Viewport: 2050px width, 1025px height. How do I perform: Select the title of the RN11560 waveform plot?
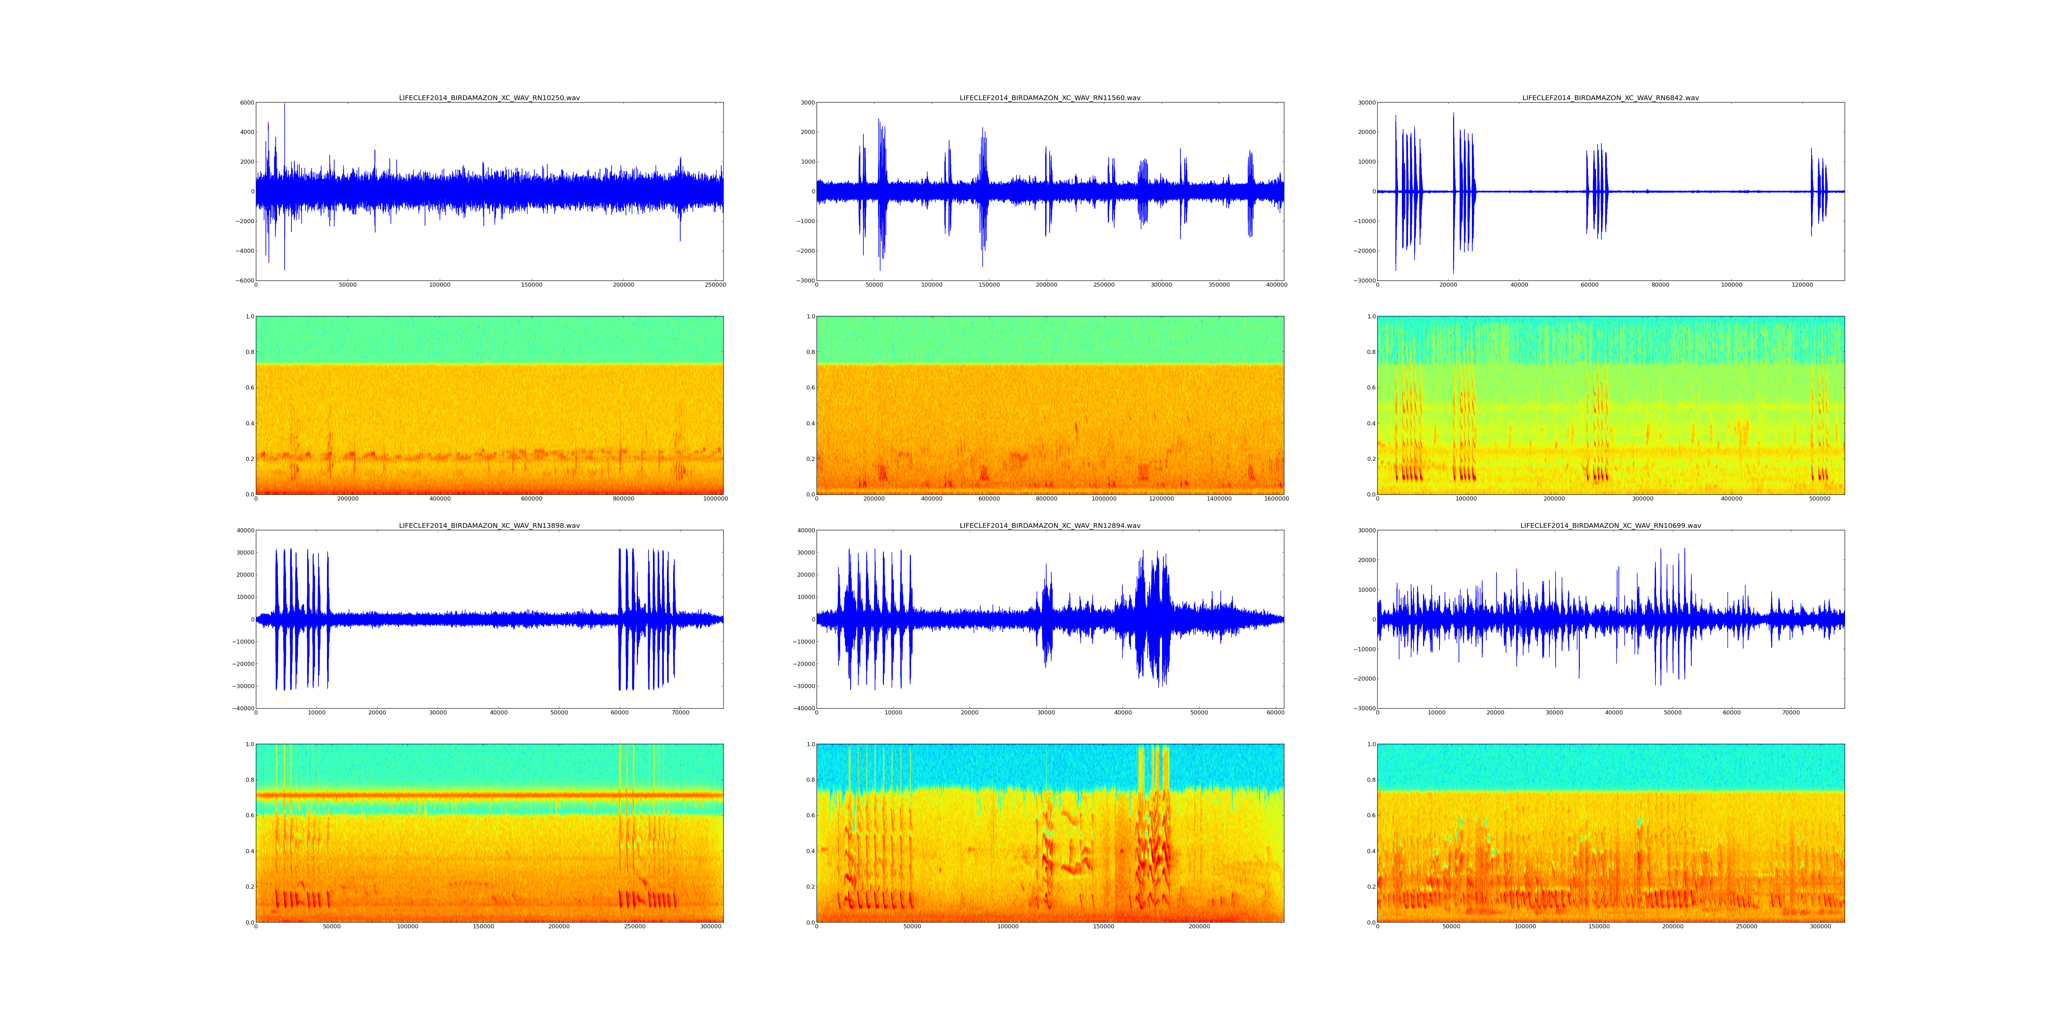click(1050, 98)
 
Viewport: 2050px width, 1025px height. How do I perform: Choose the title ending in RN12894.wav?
click(1050, 525)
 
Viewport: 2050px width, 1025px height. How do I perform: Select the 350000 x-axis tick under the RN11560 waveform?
click(1218, 285)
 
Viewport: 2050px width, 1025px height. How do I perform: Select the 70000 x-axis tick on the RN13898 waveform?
click(680, 712)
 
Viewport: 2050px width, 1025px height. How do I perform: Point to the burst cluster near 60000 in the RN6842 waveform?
click(1596, 191)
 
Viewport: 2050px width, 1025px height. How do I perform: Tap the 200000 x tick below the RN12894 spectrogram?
click(1199, 926)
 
